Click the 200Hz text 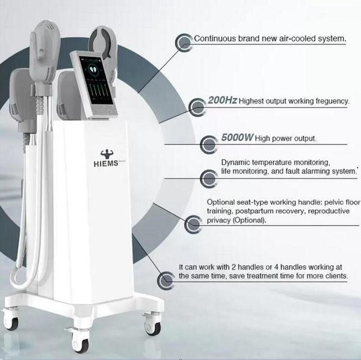[222, 100]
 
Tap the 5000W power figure [238, 137]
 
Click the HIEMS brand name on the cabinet [106, 164]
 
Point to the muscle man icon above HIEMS [107, 154]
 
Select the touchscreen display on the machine [97, 80]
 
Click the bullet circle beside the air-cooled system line [184, 42]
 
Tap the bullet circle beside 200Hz [197, 107]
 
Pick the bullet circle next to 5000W [209, 144]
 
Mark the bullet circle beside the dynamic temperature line [209, 178]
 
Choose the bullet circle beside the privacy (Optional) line [193, 224]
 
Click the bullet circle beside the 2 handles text [166, 281]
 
